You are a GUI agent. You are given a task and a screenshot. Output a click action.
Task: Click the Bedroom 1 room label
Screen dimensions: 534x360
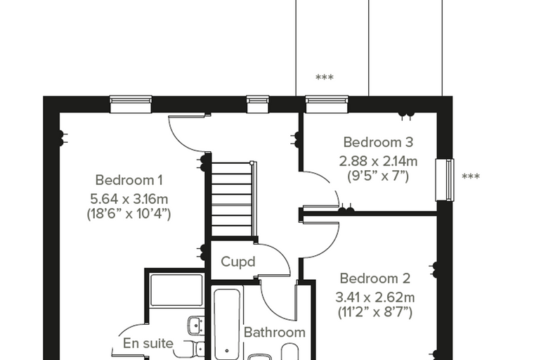pyautogui.click(x=129, y=180)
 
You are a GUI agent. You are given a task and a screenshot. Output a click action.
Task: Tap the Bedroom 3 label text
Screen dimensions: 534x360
pyautogui.click(x=378, y=142)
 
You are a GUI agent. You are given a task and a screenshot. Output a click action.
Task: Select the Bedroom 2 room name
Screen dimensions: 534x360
pyautogui.click(x=375, y=278)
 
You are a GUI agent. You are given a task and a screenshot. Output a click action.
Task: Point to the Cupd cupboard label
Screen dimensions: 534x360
pyautogui.click(x=237, y=262)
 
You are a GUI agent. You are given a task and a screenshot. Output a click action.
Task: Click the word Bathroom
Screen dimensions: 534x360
pyautogui.click(x=275, y=333)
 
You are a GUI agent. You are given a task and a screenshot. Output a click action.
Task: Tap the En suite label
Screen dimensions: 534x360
pyautogui.click(x=148, y=343)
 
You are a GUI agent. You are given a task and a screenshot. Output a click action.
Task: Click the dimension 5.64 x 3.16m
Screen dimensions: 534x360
pyautogui.click(x=129, y=198)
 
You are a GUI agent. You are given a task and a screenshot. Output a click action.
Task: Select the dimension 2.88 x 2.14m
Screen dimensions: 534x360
pyautogui.click(x=378, y=161)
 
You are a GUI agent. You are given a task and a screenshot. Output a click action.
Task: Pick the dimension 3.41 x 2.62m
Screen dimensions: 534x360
pyautogui.click(x=375, y=297)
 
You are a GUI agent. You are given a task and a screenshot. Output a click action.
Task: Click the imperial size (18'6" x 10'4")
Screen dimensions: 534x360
pyautogui.click(x=129, y=214)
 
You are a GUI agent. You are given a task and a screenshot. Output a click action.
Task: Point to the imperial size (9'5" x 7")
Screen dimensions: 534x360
pyautogui.click(x=378, y=176)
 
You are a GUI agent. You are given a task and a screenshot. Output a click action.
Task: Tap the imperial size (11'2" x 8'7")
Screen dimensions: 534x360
pyautogui.click(x=375, y=312)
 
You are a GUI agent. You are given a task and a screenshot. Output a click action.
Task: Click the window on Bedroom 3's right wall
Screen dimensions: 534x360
pyautogui.click(x=445, y=180)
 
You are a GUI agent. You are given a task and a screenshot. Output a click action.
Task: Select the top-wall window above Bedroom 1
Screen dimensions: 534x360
pyautogui.click(x=131, y=104)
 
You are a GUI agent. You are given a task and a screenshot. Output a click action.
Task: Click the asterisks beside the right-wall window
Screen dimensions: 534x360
pyautogui.click(x=471, y=176)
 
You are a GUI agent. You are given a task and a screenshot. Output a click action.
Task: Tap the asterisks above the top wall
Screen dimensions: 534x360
pyautogui.click(x=324, y=77)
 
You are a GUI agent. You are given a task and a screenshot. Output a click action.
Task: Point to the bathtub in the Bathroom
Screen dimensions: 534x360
pyautogui.click(x=227, y=324)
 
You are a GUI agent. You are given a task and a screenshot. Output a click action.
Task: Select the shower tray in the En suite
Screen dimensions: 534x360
pyautogui.click(x=176, y=290)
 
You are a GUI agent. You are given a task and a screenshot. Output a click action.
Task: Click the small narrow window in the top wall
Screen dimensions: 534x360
pyautogui.click(x=258, y=104)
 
